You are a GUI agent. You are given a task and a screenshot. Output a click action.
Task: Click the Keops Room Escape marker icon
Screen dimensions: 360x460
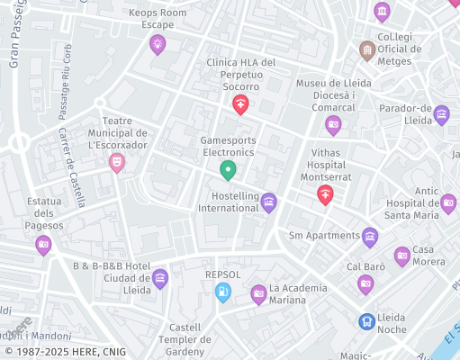[158, 43]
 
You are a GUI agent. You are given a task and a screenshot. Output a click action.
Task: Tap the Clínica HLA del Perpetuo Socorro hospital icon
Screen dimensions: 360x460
[240, 105]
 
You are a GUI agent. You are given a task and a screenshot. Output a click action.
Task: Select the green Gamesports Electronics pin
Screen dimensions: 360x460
[228, 168]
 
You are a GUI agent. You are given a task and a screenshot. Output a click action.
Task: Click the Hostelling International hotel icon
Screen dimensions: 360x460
[268, 202]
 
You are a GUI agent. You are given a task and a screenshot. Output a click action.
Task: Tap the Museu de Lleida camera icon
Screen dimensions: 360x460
[333, 124]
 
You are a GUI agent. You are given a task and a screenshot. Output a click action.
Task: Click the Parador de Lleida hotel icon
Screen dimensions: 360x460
[441, 114]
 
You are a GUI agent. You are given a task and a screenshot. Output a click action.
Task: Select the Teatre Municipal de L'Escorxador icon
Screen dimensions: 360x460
[116, 162]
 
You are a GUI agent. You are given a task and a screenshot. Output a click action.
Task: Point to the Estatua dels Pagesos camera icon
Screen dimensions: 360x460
[43, 243]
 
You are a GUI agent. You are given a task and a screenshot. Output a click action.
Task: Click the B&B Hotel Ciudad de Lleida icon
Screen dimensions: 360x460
[159, 278]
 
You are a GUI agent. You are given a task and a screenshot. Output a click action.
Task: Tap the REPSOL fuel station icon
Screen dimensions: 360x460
[222, 292]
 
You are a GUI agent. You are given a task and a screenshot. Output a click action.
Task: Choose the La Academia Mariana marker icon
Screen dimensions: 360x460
[258, 293]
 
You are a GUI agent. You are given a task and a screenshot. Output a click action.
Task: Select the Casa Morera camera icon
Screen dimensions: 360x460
[402, 256]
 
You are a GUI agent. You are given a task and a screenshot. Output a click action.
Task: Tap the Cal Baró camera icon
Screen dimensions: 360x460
[365, 284]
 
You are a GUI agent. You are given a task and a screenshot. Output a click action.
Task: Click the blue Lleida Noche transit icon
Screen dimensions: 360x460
[366, 321]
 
